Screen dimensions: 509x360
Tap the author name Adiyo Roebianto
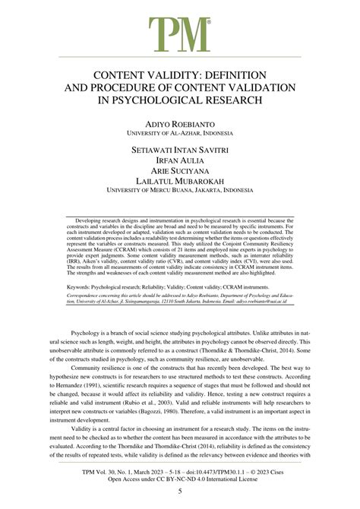(x=180, y=122)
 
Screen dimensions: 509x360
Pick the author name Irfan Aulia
(x=180, y=162)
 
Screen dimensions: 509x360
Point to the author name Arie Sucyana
(x=180, y=173)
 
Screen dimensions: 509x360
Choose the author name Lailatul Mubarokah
(x=180, y=185)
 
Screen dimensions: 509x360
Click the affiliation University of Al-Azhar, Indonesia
(x=180, y=132)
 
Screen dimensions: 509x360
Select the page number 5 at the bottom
(x=180, y=491)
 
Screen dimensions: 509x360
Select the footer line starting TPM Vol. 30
(x=180, y=471)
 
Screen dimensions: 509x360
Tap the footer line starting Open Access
(x=180, y=479)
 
